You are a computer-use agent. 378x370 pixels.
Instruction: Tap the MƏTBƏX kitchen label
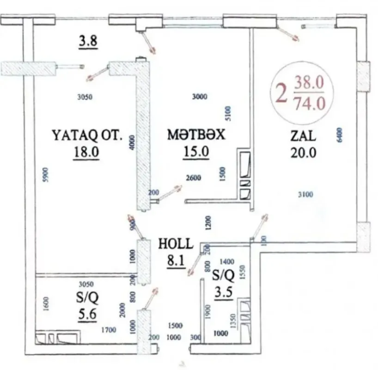(196, 135)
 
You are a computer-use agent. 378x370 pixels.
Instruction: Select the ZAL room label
(303, 136)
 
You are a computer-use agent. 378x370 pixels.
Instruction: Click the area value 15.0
(196, 152)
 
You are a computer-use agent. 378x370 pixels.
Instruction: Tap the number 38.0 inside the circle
(309, 84)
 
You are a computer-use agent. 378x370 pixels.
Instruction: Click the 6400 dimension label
(340, 136)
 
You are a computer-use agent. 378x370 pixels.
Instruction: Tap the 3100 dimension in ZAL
(306, 195)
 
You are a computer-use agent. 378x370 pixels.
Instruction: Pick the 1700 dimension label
(109, 331)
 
